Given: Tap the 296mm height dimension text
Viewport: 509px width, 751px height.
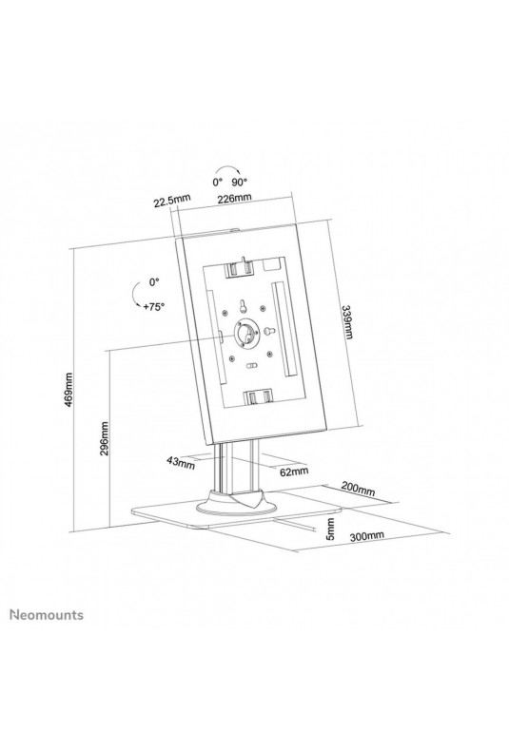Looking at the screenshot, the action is click(104, 438).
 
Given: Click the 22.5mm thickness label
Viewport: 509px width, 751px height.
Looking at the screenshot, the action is click(172, 201).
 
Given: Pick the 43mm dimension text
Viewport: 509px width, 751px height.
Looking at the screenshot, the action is click(181, 462).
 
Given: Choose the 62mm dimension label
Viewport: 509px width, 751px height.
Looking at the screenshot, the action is click(294, 472).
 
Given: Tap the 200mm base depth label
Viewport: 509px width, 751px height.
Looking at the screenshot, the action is click(358, 488).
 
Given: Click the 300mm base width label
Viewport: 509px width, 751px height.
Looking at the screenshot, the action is click(366, 536).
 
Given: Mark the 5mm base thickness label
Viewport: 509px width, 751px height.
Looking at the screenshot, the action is click(330, 529).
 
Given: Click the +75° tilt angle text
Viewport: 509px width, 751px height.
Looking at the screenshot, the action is click(153, 307).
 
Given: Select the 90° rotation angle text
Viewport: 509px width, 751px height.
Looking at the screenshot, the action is click(240, 182).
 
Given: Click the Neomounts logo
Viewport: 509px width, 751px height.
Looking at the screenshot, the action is click(47, 614).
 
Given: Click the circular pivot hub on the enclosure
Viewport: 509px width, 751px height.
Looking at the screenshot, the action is click(246, 333).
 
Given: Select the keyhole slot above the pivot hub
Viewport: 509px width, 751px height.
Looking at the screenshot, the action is click(243, 305).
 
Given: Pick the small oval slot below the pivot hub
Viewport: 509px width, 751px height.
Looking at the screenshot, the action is click(250, 365).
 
